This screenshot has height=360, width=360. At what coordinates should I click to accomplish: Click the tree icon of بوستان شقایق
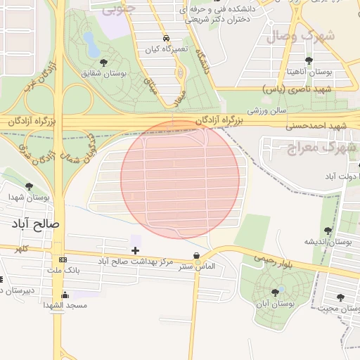(x=104, y=63)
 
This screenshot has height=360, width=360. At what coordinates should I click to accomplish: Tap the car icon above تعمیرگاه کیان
(x=166, y=38)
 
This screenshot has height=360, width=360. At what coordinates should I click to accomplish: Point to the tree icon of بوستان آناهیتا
(x=309, y=60)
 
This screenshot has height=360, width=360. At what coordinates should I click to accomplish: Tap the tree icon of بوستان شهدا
(x=29, y=186)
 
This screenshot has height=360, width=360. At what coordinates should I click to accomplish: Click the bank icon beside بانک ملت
(x=63, y=259)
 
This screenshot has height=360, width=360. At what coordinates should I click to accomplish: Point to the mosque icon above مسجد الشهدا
(x=65, y=295)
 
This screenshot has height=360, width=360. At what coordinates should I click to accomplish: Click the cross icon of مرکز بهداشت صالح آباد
(x=135, y=250)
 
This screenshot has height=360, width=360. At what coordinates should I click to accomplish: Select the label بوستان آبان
(x=275, y=305)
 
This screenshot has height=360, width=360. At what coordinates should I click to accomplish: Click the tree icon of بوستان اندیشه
(x=328, y=230)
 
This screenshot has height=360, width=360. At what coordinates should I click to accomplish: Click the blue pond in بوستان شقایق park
(x=91, y=42)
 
